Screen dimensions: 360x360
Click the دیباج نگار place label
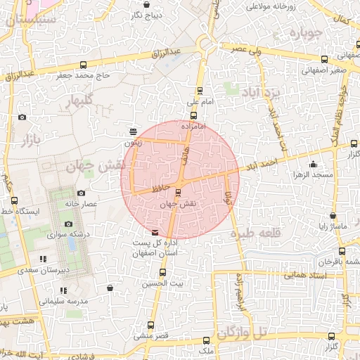pos(148,14)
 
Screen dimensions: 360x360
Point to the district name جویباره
pos(309,34)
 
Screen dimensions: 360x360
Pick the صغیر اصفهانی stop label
pos(323,70)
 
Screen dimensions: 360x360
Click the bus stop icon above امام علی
pos(200,90)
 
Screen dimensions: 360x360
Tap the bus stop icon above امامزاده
pos(193,115)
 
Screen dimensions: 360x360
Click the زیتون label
pos(133,142)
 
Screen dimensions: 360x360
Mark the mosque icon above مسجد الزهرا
pos(313,165)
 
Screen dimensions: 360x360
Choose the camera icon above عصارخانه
pos(81,193)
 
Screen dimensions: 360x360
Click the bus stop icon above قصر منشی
pos(150,325)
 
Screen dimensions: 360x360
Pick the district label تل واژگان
pos(243,332)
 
